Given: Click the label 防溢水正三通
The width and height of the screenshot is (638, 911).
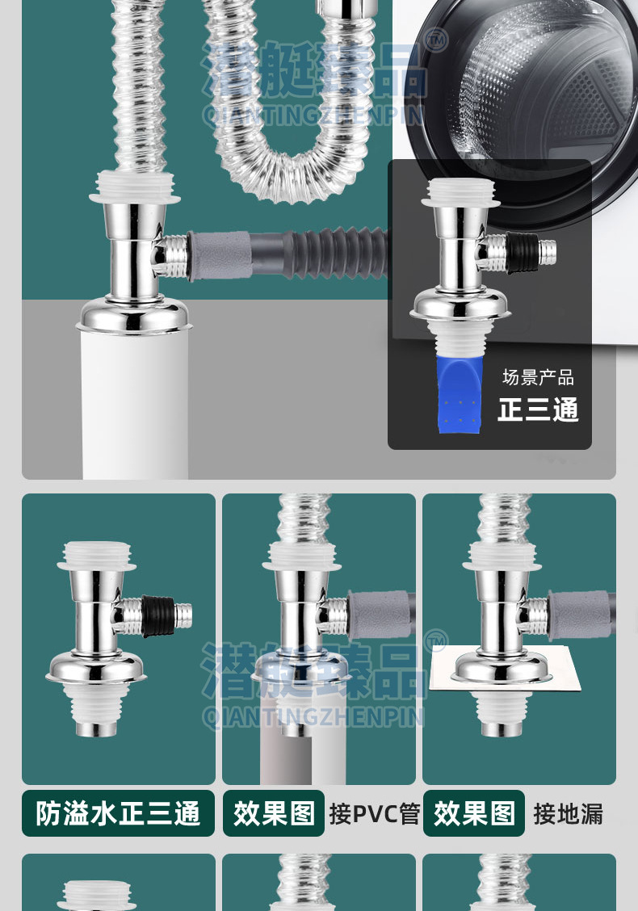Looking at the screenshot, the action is click(118, 813).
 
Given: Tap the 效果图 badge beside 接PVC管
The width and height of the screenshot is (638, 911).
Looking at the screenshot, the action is click(274, 813).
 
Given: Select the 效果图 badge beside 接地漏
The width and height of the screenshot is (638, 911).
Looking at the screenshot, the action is click(474, 813).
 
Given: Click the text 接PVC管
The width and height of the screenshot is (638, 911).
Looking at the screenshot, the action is click(374, 813).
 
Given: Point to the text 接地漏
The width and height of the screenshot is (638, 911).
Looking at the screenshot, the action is click(569, 813).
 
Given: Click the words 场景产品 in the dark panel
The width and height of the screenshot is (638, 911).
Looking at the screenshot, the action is click(538, 378).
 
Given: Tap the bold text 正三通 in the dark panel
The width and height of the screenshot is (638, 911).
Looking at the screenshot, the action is click(538, 409).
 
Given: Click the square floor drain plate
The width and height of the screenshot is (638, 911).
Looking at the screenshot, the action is click(505, 668).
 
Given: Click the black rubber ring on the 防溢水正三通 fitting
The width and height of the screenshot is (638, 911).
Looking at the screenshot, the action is click(158, 616).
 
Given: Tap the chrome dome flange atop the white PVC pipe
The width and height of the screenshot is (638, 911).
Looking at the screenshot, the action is click(135, 316).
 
